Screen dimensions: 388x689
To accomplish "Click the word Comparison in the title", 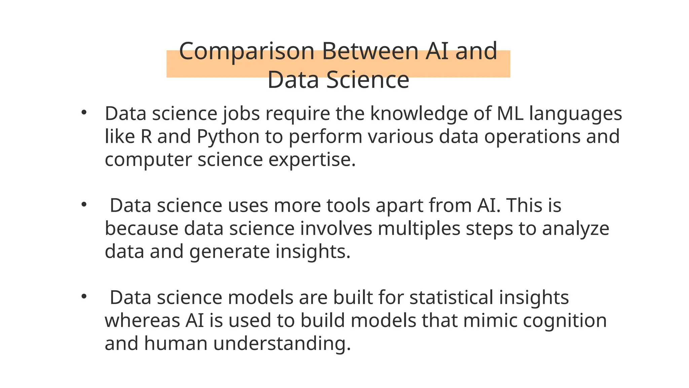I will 247,51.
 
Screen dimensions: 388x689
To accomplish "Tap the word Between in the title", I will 370,51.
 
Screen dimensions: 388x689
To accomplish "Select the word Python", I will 228,137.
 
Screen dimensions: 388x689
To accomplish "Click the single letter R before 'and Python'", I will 146,137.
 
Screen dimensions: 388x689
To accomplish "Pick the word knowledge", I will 419,114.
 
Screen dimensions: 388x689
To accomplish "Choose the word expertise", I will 312,160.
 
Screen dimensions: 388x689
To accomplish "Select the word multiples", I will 419,228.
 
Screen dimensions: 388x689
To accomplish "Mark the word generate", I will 229,252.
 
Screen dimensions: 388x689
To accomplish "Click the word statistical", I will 451,297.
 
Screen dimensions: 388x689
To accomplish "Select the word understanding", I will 282,344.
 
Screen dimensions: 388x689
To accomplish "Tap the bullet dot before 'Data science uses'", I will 84,204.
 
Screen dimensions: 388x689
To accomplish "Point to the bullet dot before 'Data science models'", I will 84,296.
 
